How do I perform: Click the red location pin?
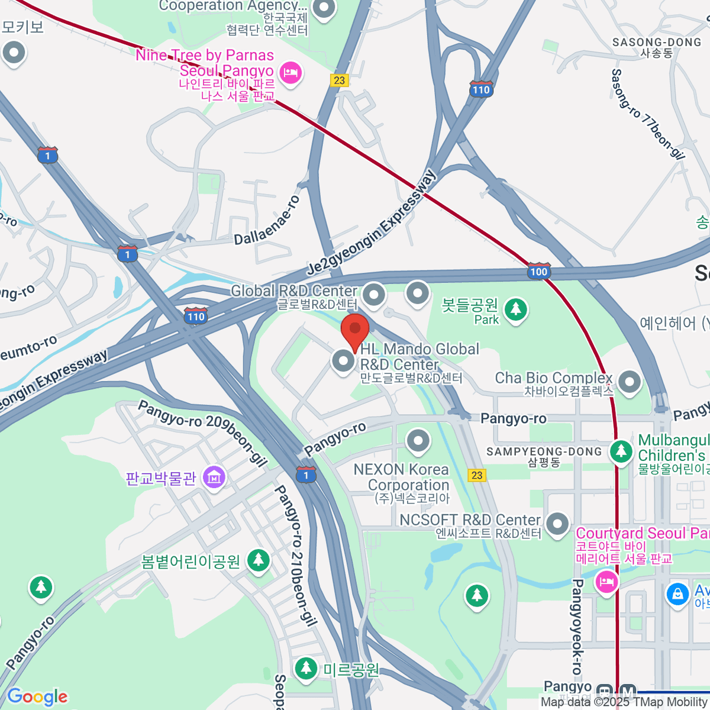click(355, 332)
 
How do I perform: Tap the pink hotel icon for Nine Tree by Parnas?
click(290, 74)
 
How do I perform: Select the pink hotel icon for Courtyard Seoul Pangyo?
click(606, 582)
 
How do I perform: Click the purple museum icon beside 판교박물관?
click(214, 477)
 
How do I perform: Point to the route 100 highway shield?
click(538, 271)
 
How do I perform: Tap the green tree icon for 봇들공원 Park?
click(516, 309)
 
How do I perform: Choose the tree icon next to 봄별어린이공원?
click(258, 560)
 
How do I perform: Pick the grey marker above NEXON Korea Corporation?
click(418, 441)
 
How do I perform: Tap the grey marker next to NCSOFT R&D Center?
click(557, 524)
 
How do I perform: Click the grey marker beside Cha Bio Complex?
click(629, 382)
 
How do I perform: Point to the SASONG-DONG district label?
click(657, 43)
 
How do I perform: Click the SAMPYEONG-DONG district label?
click(544, 452)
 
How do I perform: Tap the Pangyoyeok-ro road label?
click(577, 627)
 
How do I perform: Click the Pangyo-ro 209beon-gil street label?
click(202, 433)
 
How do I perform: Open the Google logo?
click(37, 697)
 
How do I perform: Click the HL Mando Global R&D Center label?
click(419, 357)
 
